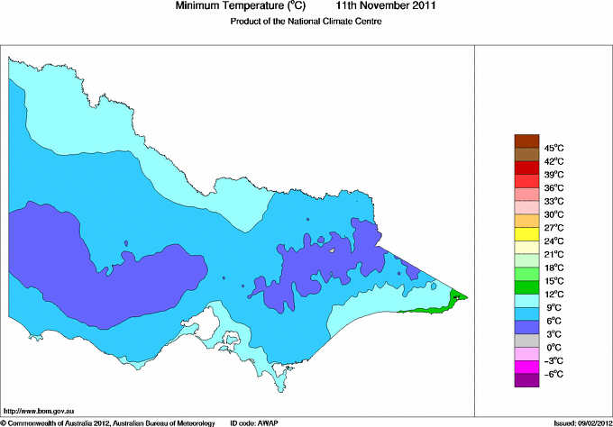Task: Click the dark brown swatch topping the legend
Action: click(526, 140)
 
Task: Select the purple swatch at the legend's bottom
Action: click(526, 380)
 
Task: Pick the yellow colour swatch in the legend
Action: click(526, 233)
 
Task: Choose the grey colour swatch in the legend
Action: click(526, 341)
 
